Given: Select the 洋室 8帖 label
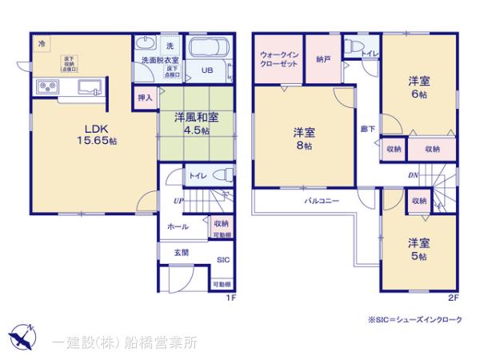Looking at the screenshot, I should (302, 139).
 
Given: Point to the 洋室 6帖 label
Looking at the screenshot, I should (418, 86).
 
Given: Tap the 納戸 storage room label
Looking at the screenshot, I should (324, 58).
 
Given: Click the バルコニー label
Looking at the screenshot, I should (318, 202).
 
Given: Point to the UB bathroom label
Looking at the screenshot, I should (207, 70).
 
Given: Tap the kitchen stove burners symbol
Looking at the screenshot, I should (47, 86).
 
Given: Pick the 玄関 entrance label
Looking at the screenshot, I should (182, 252).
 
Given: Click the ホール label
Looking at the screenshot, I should (178, 227).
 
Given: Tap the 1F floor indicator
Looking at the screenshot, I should (230, 298).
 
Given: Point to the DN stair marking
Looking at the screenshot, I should (414, 175).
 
